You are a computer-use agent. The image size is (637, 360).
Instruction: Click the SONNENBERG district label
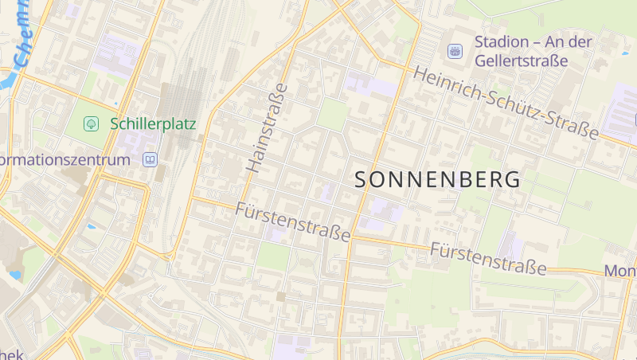438,179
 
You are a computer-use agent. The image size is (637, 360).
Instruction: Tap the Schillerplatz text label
153,123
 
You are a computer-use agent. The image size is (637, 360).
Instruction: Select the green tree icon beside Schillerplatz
92,123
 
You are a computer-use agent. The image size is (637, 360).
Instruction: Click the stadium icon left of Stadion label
455,51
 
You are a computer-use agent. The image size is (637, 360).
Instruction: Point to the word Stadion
502,41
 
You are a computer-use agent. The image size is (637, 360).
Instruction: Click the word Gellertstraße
521,61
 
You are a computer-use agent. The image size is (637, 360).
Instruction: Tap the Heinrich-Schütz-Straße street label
506,103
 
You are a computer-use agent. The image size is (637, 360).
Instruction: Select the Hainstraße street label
268,127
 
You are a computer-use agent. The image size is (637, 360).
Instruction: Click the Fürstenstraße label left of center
293,222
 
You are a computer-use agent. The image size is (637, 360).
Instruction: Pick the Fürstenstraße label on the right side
488,258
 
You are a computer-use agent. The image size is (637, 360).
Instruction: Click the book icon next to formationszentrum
150,160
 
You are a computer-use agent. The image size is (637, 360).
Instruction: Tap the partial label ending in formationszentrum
64,160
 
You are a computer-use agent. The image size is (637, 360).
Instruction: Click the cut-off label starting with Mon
620,271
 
